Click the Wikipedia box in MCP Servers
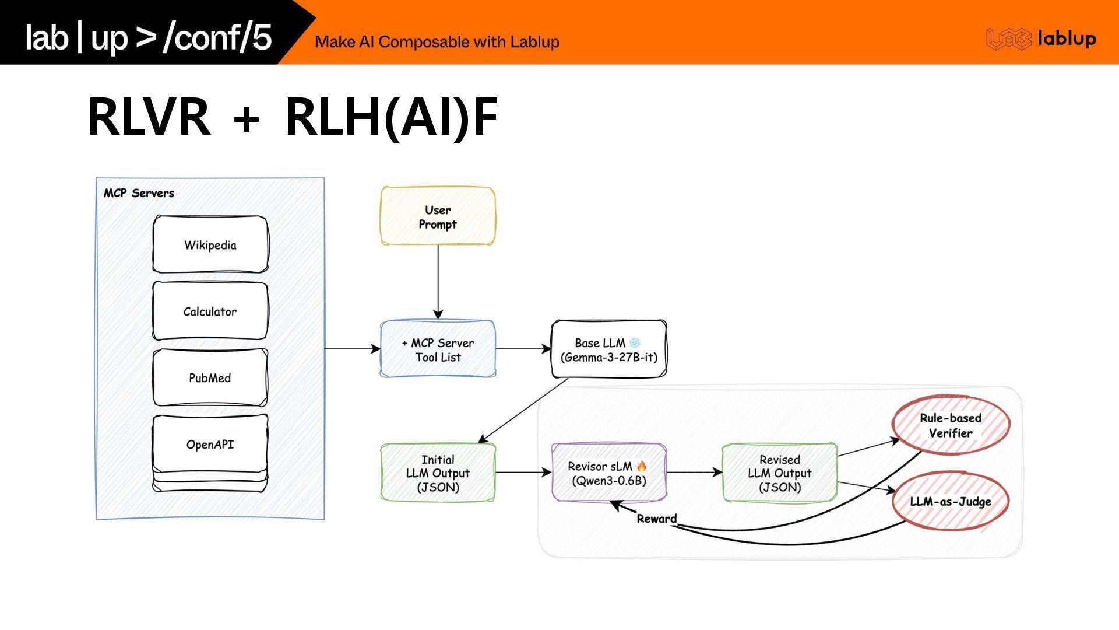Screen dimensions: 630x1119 pos(210,244)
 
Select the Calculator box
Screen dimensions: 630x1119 pos(210,311)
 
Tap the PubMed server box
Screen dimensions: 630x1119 pos(210,377)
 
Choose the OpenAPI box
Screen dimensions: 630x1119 pos(210,444)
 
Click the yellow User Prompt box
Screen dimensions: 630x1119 pos(438,216)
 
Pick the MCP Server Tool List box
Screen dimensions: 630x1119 pos(438,349)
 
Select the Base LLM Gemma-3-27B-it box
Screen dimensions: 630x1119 pos(608,349)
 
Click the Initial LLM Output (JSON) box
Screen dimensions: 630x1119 pos(438,473)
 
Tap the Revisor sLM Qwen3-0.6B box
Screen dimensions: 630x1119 pos(608,473)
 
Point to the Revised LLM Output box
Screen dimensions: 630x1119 pos(780,473)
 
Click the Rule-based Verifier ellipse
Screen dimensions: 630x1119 pos(951,425)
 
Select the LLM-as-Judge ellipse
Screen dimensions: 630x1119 pos(951,501)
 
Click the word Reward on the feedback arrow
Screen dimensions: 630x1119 pos(657,519)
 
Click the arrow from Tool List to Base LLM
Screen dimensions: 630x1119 pos(523,349)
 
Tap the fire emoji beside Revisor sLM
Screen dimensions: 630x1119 pos(642,466)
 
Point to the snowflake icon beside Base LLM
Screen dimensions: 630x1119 pos(635,342)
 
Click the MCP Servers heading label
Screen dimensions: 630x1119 pos(139,193)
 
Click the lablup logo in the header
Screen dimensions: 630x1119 pos(1041,39)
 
